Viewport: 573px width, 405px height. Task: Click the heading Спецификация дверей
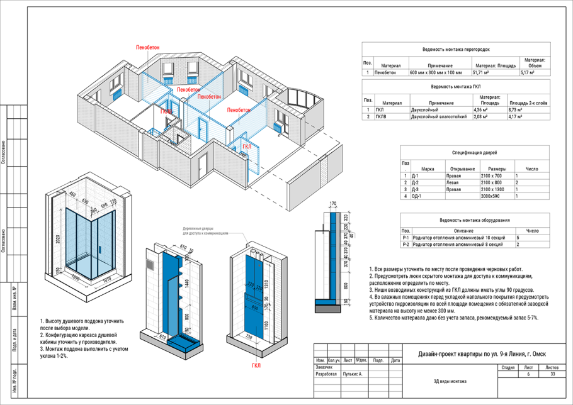tap(474, 153)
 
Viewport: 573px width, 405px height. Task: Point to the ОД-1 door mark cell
tap(416, 197)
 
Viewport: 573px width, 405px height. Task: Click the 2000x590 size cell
tap(492, 197)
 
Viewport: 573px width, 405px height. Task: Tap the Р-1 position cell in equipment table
tap(406, 238)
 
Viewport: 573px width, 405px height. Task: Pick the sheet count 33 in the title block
tap(552, 374)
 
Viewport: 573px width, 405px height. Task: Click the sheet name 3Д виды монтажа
tap(450, 381)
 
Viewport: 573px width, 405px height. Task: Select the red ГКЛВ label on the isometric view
tap(166, 111)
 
